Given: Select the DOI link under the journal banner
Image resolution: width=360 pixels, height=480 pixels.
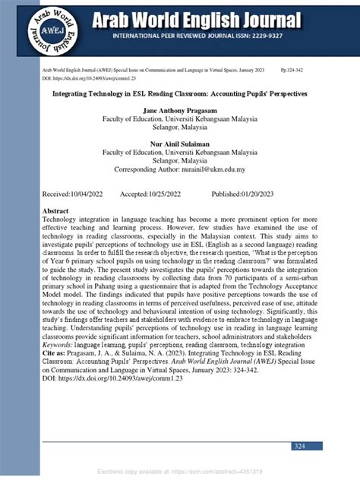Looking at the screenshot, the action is coord(84,77).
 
